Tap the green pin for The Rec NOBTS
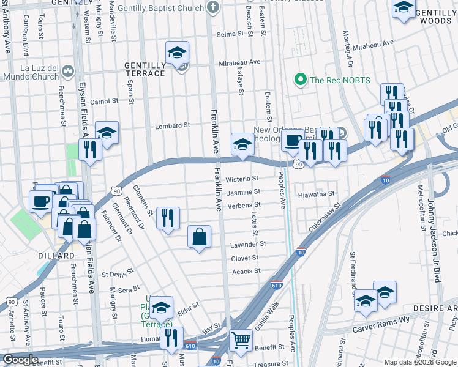[x=301, y=80]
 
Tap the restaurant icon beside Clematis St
[x=168, y=218]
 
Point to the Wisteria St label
[x=242, y=179]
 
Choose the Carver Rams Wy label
[x=379, y=328]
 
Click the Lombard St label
[x=172, y=125]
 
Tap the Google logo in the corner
[x=20, y=359]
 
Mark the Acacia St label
[x=246, y=271]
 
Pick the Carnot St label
[x=103, y=101]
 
